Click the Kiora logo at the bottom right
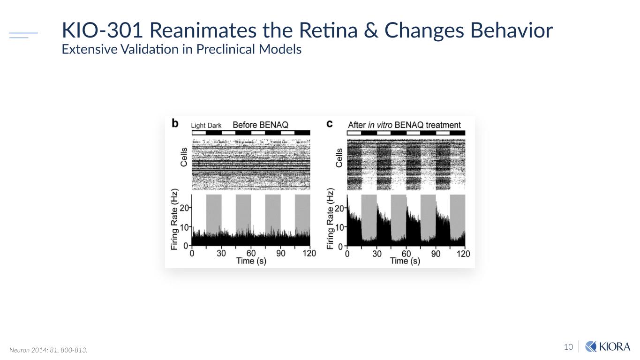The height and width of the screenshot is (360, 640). pyautogui.click(x=608, y=346)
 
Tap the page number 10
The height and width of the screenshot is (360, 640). pyautogui.click(x=568, y=347)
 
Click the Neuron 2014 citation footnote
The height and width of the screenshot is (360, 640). pyautogui.click(x=48, y=350)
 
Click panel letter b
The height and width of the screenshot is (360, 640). pyautogui.click(x=175, y=124)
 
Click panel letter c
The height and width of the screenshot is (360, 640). pyautogui.click(x=330, y=124)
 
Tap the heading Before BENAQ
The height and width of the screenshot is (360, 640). pyautogui.click(x=260, y=125)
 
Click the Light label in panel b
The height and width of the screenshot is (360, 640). pyautogui.click(x=198, y=126)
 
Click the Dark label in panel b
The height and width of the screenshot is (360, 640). pyautogui.click(x=214, y=126)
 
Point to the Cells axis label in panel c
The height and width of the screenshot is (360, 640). pyautogui.click(x=339, y=158)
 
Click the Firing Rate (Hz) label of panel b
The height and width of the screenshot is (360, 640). pyautogui.click(x=175, y=219)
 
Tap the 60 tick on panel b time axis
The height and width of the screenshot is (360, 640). pyautogui.click(x=251, y=253)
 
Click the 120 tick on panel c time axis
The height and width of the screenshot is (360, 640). pyautogui.click(x=463, y=253)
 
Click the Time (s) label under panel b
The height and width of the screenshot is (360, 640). pyautogui.click(x=251, y=261)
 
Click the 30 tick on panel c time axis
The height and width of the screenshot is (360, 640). pyautogui.click(x=376, y=253)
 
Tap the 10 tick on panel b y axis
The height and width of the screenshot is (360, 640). pyautogui.click(x=184, y=227)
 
